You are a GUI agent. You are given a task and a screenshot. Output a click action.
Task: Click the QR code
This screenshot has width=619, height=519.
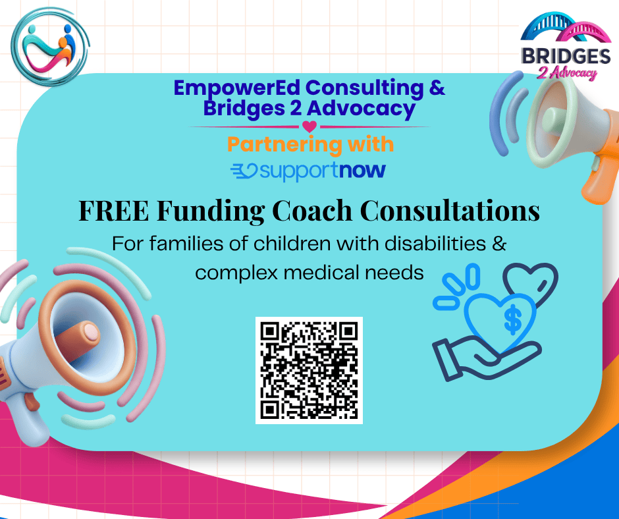pyautogui.click(x=309, y=370)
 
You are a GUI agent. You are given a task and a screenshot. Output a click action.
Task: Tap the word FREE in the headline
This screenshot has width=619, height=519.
pyautogui.click(x=114, y=211)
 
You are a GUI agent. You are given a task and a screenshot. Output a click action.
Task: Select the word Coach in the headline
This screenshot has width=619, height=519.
pyautogui.click(x=312, y=211)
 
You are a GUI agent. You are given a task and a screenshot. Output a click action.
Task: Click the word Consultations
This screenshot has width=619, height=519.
pyautogui.click(x=450, y=211)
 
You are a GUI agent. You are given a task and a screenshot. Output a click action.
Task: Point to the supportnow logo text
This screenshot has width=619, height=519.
pyautogui.click(x=308, y=171)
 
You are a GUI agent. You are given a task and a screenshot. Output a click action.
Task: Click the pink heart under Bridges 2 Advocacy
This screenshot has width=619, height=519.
pyautogui.click(x=309, y=126)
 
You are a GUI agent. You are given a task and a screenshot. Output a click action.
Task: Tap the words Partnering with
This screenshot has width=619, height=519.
pyautogui.click(x=310, y=144)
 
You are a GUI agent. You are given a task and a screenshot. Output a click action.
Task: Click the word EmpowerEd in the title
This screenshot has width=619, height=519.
pyautogui.click(x=237, y=88)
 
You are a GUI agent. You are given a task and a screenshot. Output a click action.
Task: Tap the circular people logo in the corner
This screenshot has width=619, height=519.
pyautogui.click(x=49, y=47)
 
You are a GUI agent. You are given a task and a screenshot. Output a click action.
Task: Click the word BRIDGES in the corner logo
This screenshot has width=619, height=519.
pyautogui.click(x=566, y=56)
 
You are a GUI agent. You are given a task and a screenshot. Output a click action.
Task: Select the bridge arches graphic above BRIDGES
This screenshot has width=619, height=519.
pyautogui.click(x=565, y=27)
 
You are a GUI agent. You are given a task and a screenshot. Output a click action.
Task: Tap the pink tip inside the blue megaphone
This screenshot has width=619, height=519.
pyautogui.click(x=91, y=333)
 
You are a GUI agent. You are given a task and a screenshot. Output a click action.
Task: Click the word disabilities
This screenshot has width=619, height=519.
pyautogui.click(x=435, y=244)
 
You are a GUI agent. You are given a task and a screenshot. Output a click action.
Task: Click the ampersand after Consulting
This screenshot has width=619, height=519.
pyautogui.click(x=437, y=88)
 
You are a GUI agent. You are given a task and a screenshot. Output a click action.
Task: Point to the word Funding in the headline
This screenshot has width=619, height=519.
pyautogui.click(x=211, y=211)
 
